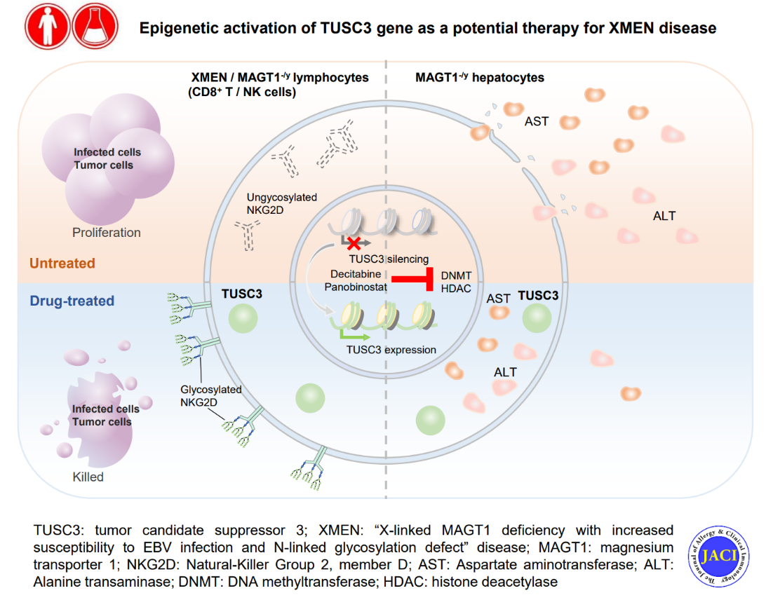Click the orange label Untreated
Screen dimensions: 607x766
(x=62, y=264)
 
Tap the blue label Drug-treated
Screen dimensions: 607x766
(x=72, y=301)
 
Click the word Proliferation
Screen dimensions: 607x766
(x=107, y=233)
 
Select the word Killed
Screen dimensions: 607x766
(x=88, y=477)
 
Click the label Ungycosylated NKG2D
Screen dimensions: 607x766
(x=281, y=204)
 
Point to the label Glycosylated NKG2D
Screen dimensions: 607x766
(x=210, y=396)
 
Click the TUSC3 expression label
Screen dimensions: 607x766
(x=391, y=350)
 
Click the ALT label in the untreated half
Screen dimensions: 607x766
(x=664, y=216)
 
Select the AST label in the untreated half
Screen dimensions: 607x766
(x=537, y=121)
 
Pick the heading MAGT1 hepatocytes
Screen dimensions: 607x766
(x=480, y=78)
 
